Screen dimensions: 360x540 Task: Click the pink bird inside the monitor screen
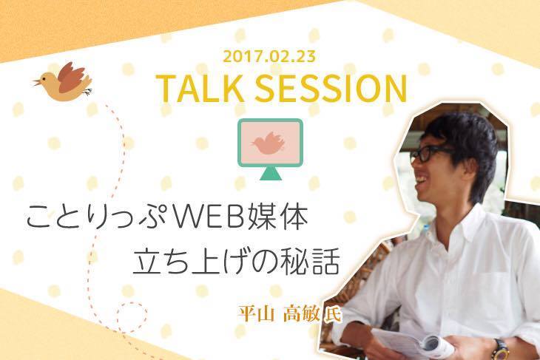[269, 142]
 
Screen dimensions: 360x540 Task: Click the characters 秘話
[310, 264]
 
